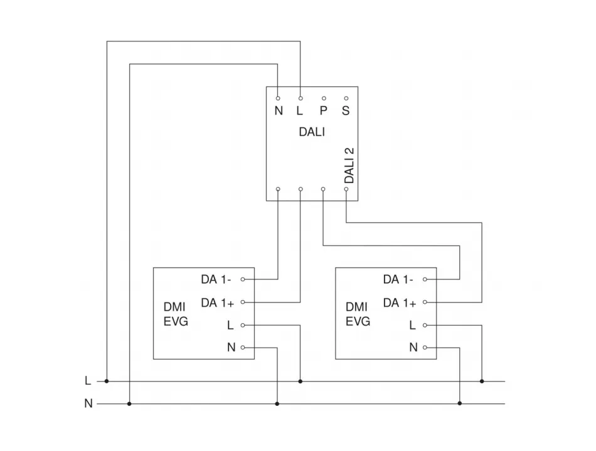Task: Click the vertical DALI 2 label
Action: point(349,165)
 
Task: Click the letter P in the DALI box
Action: point(323,111)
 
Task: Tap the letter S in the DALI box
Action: point(346,111)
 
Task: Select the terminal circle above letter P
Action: point(324,98)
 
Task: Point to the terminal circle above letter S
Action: point(346,98)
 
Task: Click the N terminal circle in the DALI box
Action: point(278,98)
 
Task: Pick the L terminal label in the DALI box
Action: point(300,111)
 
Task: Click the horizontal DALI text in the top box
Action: point(312,132)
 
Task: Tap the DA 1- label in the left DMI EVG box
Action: point(216,279)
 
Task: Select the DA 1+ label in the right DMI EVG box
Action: point(400,303)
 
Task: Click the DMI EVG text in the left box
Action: point(176,314)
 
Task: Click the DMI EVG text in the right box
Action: point(358,314)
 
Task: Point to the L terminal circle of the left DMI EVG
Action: point(243,325)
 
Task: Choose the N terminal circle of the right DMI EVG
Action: point(425,348)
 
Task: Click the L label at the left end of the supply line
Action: point(88,381)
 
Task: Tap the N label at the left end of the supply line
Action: point(88,404)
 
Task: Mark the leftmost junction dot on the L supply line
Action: point(107,381)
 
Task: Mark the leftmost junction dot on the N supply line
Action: point(129,404)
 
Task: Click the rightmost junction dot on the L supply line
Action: point(482,381)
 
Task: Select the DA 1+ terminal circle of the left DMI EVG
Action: point(243,303)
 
